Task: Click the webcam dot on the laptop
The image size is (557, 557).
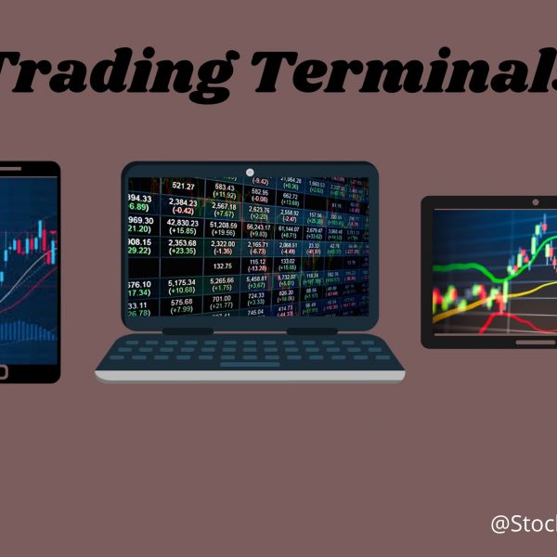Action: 250,172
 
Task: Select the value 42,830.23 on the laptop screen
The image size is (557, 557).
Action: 184,223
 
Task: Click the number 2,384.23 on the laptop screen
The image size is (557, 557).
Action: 183,202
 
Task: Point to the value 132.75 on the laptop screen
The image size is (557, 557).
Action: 222,267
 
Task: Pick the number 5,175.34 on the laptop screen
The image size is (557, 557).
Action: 183,282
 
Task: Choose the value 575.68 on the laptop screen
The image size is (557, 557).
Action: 183,302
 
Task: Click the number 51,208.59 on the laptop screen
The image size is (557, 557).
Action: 223,224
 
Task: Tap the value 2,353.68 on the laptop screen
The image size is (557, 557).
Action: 183,243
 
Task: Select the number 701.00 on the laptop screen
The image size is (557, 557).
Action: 222,299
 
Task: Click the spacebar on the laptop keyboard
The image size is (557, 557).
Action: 249,364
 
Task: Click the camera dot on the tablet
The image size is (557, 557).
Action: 536,201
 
